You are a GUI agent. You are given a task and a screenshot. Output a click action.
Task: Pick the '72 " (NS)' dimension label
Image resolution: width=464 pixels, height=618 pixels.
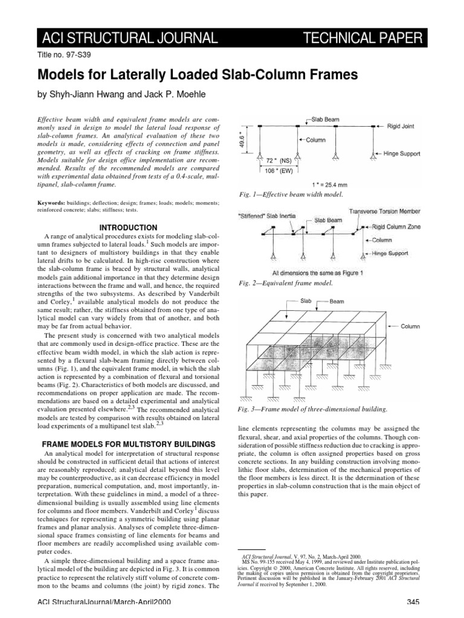tap(283, 161)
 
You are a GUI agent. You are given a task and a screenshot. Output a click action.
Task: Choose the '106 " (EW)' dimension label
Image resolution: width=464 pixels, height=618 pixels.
tap(283, 171)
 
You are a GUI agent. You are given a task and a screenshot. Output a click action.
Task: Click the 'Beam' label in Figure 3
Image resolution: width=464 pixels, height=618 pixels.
tap(338, 300)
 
